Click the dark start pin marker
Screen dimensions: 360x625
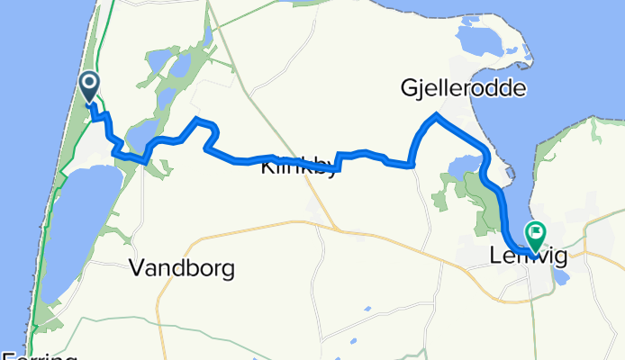click(91, 87)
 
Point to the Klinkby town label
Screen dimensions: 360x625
click(298, 168)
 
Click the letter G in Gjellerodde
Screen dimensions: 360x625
click(410, 87)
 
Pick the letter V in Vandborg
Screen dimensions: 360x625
click(137, 267)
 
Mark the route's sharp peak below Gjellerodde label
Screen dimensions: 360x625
click(436, 114)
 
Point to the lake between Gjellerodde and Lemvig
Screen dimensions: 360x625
click(465, 164)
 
